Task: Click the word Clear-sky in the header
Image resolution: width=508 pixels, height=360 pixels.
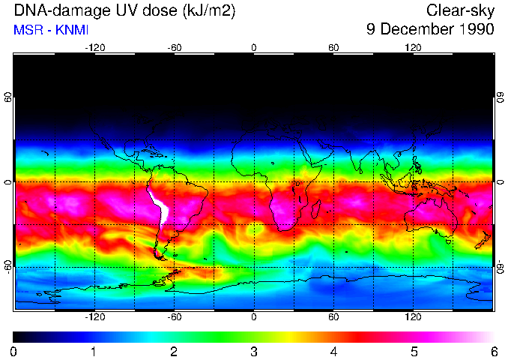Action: coord(461,10)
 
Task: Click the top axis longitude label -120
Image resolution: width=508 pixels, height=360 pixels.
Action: coord(94,47)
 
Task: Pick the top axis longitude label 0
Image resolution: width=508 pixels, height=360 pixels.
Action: coord(254,47)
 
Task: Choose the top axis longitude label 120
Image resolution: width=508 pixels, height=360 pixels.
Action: coord(413,47)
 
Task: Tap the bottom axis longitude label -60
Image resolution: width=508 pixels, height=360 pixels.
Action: coord(175,316)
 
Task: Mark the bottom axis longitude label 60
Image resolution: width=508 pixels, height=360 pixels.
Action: coord(333,316)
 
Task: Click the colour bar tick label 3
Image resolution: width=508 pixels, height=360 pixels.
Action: coord(254,351)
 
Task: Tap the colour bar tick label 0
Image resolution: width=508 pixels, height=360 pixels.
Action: coord(14,351)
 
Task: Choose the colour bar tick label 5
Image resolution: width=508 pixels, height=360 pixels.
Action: coord(414,351)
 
